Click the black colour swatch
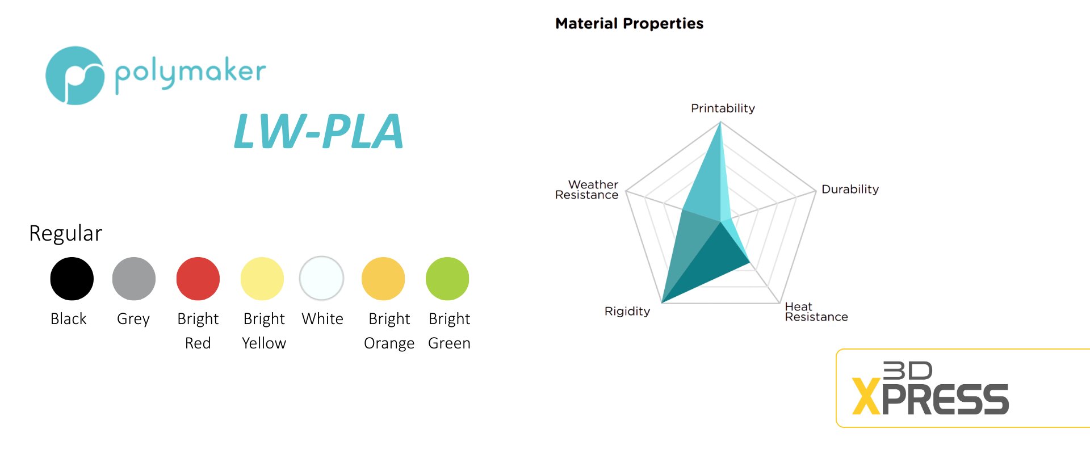click(x=72, y=279)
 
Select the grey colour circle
click(x=134, y=279)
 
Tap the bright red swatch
click(x=198, y=279)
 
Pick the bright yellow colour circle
click(x=262, y=279)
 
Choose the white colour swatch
click(x=322, y=278)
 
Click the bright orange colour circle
click(x=383, y=279)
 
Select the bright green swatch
click(x=447, y=279)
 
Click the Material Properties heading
click(x=629, y=24)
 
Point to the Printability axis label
click(x=723, y=108)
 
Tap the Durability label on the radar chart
click(x=850, y=190)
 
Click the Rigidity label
click(x=627, y=312)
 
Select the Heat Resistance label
click(x=816, y=312)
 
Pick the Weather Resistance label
click(x=587, y=190)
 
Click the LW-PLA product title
click(x=318, y=131)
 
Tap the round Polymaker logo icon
click(x=75, y=75)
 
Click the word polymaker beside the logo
click(x=190, y=74)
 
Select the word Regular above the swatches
click(x=66, y=233)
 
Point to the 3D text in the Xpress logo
click(x=908, y=371)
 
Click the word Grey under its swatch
click(x=133, y=320)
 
